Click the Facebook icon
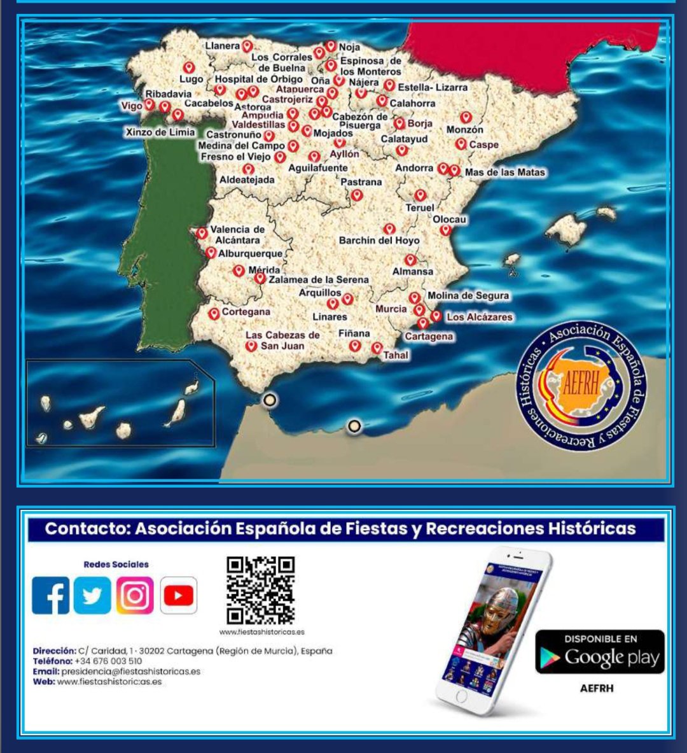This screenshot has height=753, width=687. (x=51, y=595)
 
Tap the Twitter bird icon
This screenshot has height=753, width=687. (x=92, y=595)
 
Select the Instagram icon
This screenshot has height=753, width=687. (x=135, y=595)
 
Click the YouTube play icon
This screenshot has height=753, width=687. (x=178, y=595)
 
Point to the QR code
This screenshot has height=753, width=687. (x=261, y=590)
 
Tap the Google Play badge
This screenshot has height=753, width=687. (x=600, y=652)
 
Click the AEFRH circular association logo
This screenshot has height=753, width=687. (x=581, y=386)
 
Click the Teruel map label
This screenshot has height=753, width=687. (x=420, y=208)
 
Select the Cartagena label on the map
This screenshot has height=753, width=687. (x=429, y=336)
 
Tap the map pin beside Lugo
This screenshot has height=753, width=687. (x=188, y=67)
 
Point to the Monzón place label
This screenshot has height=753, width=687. (x=465, y=129)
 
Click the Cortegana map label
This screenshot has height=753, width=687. (x=246, y=312)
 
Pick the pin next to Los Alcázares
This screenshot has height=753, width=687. (x=436, y=315)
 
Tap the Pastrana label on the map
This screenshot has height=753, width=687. (x=361, y=182)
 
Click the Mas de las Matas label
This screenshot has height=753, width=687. (x=505, y=172)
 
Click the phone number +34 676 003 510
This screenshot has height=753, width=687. (x=108, y=661)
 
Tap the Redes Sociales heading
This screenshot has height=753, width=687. (x=116, y=565)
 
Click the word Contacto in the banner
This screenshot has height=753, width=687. (x=86, y=529)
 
